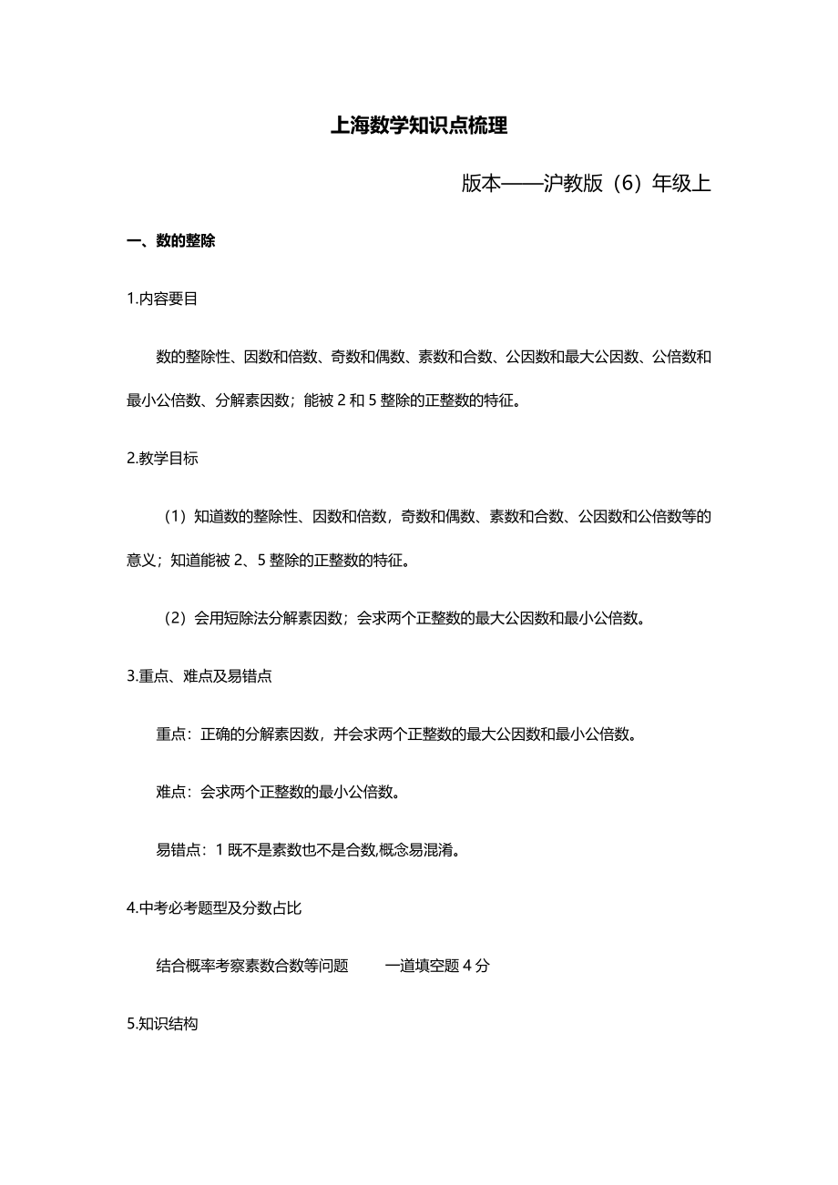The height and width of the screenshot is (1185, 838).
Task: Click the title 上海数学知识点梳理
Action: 419,127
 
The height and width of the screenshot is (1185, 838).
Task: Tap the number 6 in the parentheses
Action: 622,183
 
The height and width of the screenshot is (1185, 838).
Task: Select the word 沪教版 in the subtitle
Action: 572,183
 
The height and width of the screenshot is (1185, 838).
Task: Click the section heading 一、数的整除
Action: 171,242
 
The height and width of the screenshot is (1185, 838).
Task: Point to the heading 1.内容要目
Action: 162,299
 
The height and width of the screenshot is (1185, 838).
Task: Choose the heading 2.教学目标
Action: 162,459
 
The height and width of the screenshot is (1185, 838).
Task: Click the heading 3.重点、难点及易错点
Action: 199,676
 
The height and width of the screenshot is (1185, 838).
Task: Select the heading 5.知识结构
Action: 162,1024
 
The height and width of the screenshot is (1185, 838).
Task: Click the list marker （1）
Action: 174,517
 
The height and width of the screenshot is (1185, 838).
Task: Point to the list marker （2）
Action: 174,619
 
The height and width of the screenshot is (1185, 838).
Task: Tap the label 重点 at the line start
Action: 171,734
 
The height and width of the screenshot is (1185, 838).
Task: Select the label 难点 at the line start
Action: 171,792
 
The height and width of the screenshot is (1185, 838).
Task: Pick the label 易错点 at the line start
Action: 179,850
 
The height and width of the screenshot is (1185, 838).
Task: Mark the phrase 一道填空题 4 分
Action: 436,966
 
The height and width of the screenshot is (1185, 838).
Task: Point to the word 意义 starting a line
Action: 141,561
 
